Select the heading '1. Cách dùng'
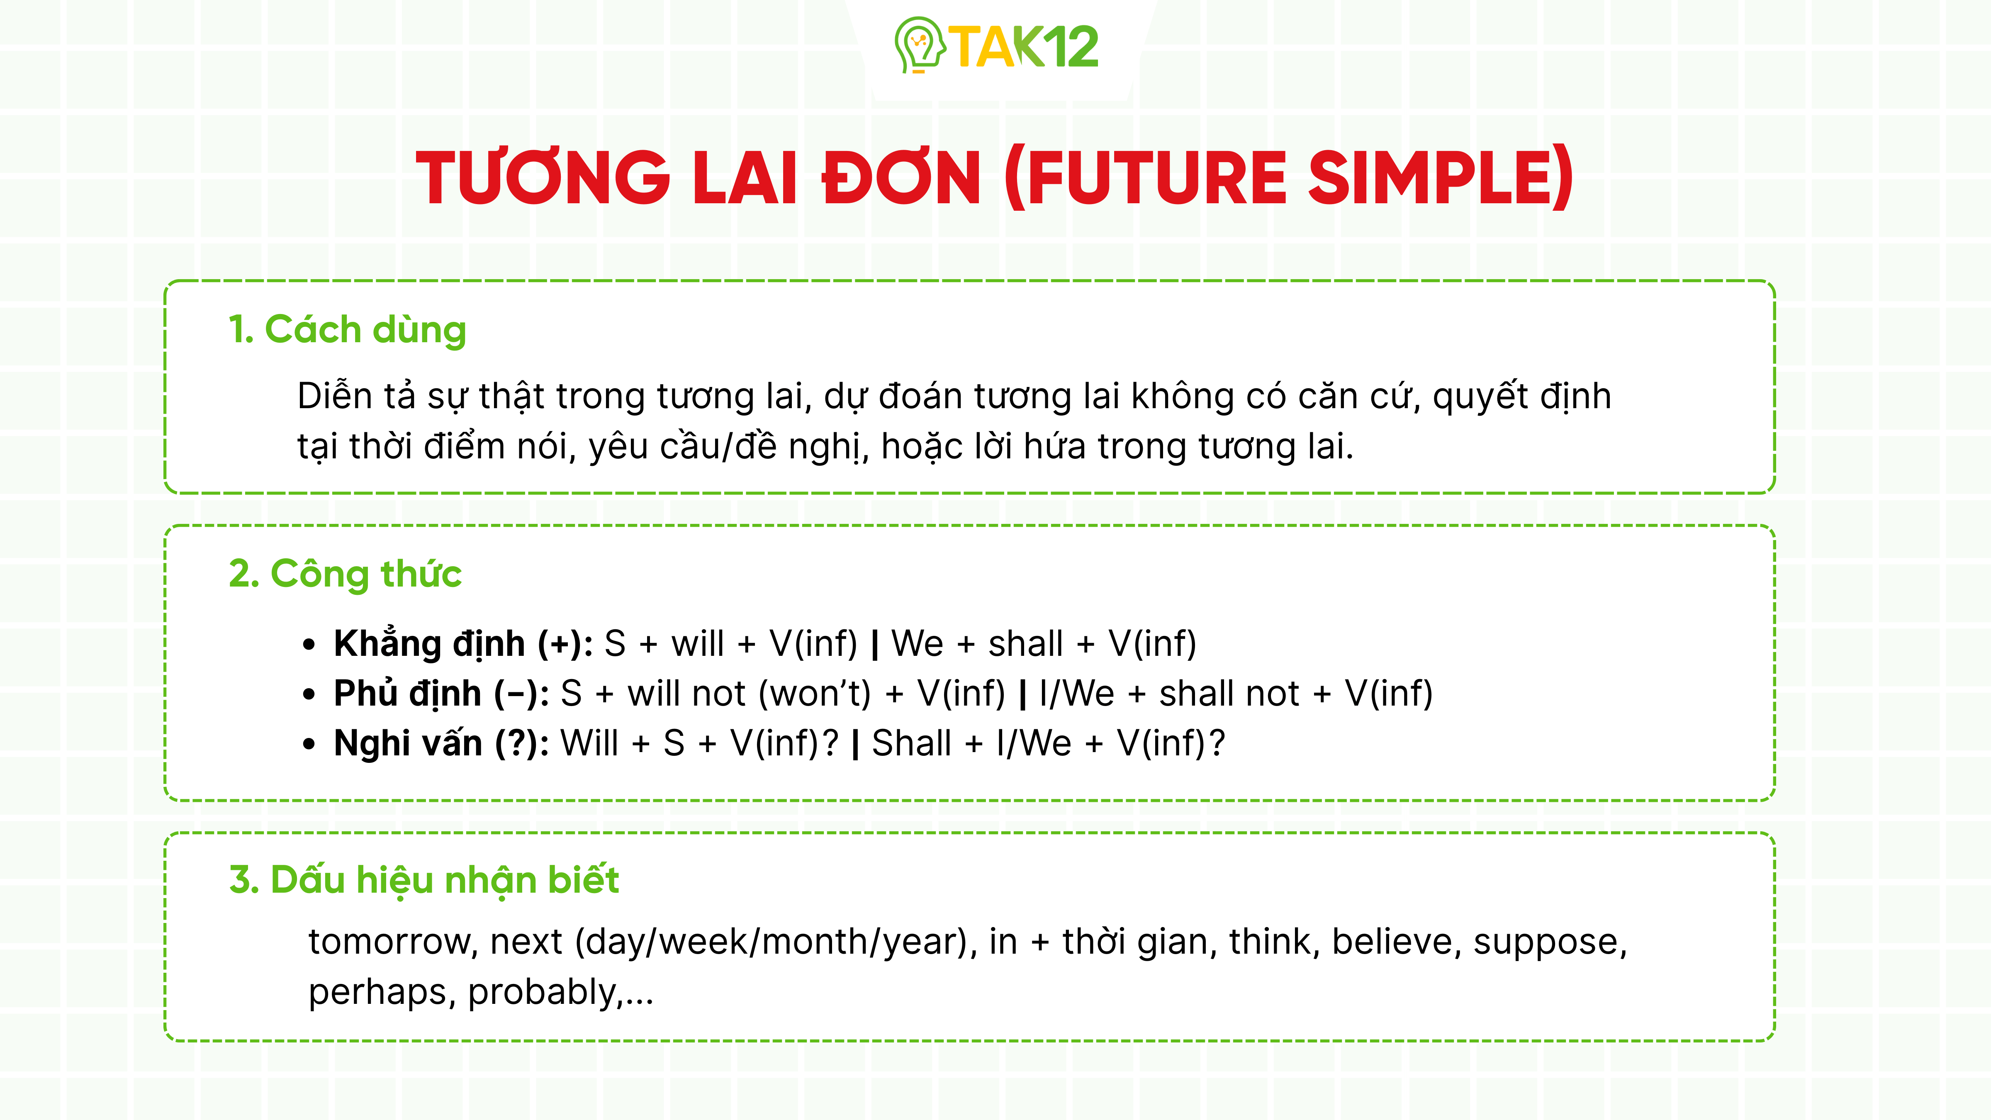[347, 330]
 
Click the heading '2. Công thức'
[345, 574]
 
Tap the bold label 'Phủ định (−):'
[441, 693]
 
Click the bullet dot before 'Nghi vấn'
[309, 744]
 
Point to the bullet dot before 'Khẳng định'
[309, 645]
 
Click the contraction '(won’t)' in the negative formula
[815, 693]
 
